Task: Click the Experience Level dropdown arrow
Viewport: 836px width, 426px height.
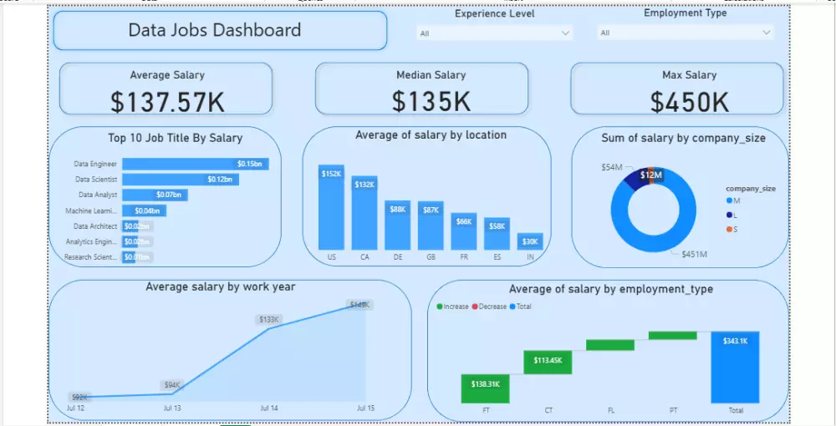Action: click(566, 33)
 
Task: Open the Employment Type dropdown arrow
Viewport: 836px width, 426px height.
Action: click(767, 33)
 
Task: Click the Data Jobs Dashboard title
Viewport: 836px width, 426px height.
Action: click(214, 31)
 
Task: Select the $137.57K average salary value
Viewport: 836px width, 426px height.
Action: click(167, 102)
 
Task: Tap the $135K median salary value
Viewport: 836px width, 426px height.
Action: click(431, 102)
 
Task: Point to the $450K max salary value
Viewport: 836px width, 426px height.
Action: click(690, 102)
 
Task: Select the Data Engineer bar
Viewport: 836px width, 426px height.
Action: click(195, 165)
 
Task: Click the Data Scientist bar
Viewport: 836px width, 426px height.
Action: click(180, 180)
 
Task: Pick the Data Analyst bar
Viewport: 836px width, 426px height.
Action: click(155, 195)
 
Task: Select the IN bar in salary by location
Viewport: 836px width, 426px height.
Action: click(530, 242)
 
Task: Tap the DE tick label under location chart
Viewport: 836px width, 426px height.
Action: click(398, 257)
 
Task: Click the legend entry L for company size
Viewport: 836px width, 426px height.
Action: click(733, 215)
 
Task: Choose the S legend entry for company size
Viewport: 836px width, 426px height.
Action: click(733, 229)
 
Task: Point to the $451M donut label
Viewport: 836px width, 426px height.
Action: click(694, 254)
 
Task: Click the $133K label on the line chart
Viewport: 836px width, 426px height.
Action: click(268, 319)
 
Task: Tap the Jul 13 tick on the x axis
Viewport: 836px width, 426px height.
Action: click(172, 408)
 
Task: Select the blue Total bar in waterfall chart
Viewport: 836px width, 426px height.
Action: click(735, 368)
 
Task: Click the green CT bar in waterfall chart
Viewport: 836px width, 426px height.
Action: click(548, 362)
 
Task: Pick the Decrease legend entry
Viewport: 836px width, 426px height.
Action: click(490, 307)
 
